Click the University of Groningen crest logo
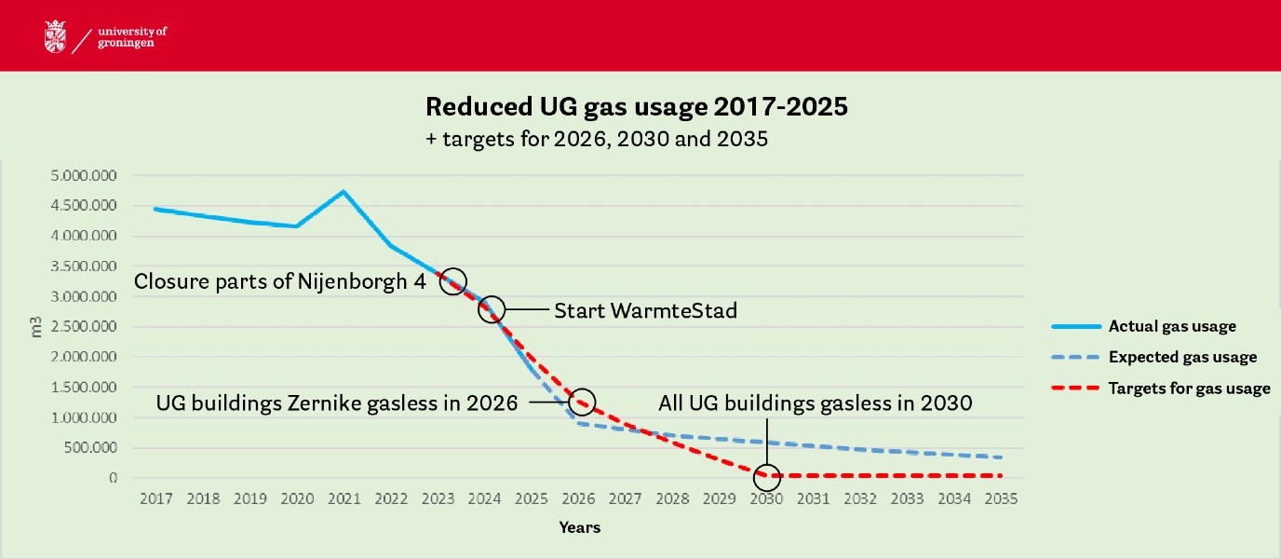(55, 36)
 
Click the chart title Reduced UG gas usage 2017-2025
(637, 106)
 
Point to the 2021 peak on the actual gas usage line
(344, 192)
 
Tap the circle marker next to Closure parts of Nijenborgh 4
(453, 280)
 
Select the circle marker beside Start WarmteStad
(492, 309)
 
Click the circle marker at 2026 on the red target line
(582, 402)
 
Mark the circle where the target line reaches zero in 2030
(767, 476)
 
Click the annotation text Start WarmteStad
(645, 310)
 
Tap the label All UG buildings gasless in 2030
(815, 403)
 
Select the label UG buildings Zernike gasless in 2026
(336, 403)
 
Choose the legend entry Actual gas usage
(1172, 326)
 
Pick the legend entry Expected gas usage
(1182, 357)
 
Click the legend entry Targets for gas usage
(1189, 389)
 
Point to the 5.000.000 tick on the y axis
(91, 174)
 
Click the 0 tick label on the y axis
(113, 478)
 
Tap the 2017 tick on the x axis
(155, 498)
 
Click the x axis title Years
(579, 527)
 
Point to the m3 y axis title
(38, 325)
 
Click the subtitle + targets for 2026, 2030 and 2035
(596, 140)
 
